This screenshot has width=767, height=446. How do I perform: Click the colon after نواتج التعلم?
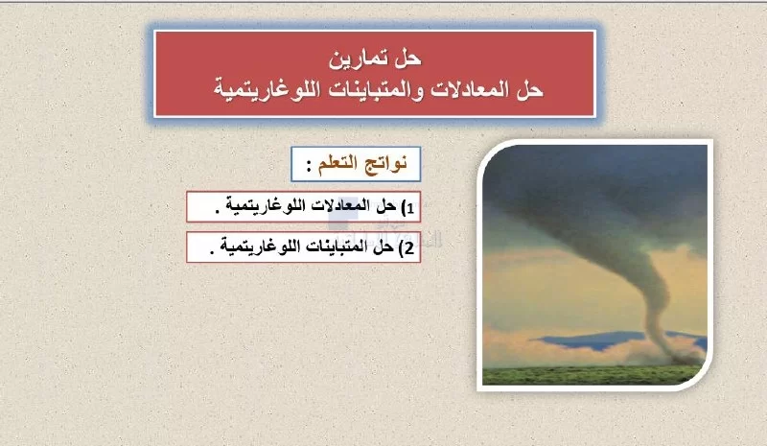point(309,167)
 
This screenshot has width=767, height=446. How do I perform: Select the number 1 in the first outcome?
point(410,208)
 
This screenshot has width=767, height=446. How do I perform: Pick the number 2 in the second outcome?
point(409,248)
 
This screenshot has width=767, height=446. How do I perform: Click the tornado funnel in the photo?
point(636,254)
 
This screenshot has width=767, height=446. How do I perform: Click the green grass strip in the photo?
point(593,375)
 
